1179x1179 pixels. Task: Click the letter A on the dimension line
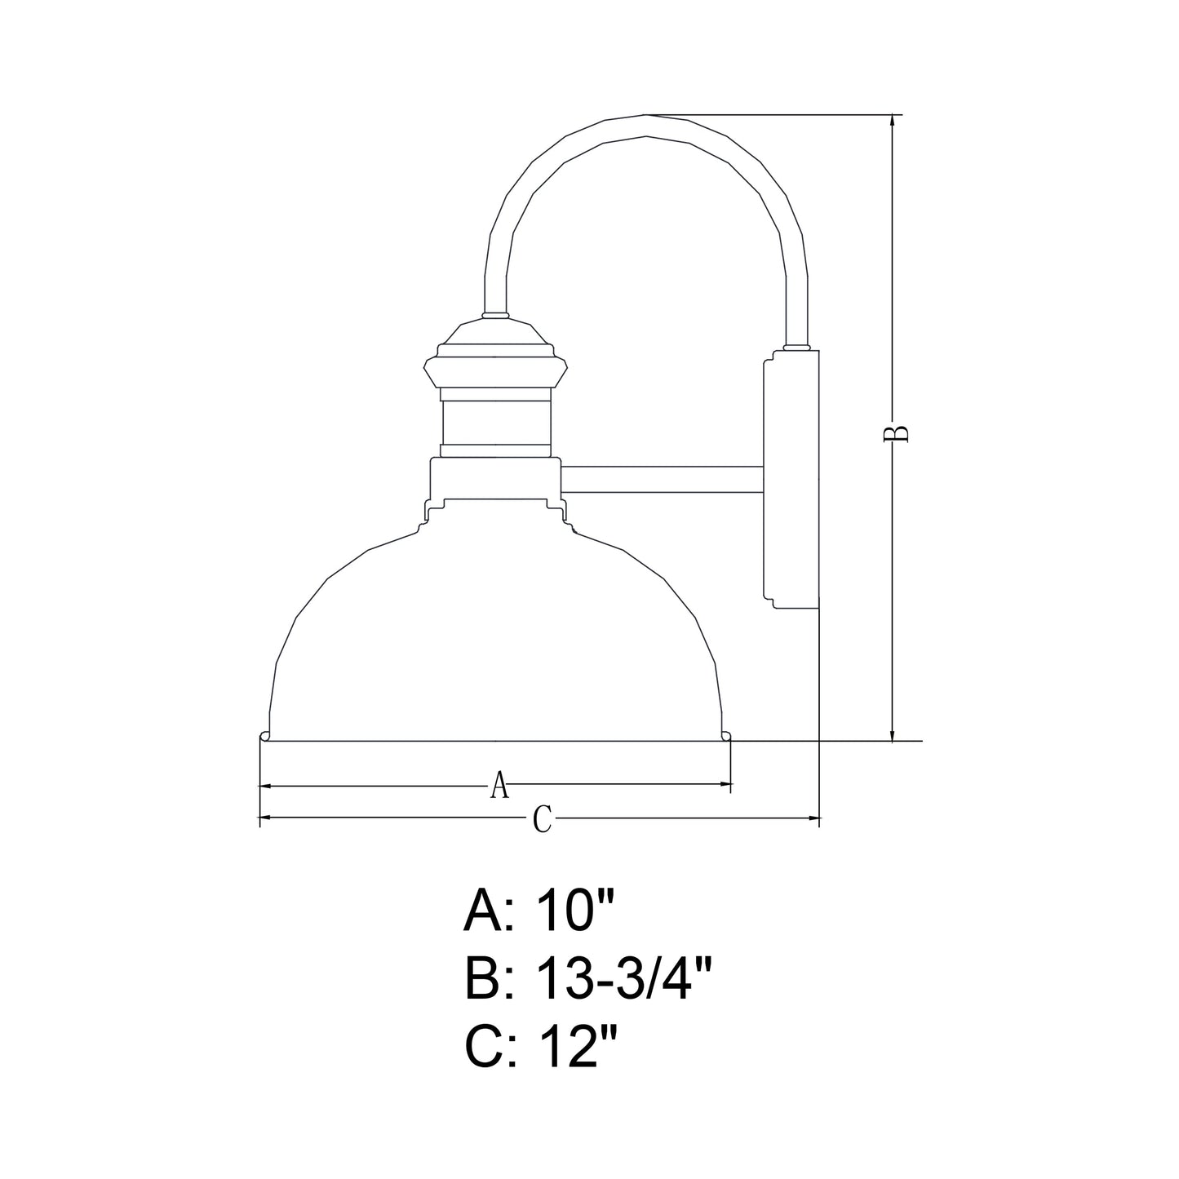[500, 785]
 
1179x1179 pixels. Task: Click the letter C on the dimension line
[543, 818]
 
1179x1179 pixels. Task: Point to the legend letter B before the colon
[483, 980]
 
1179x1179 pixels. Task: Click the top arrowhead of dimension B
[893, 122]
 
